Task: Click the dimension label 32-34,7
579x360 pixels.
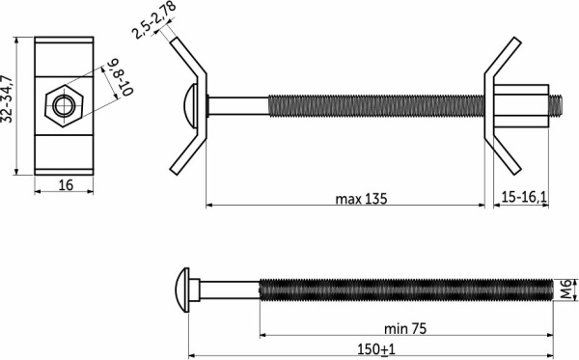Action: (x=8, y=99)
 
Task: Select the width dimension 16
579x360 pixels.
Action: (x=66, y=184)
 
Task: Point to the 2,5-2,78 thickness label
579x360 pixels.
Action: (x=153, y=20)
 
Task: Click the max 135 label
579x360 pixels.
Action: (x=361, y=199)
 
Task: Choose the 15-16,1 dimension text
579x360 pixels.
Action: (x=524, y=197)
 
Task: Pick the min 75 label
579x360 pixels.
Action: (x=405, y=328)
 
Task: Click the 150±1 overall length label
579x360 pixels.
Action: (x=376, y=349)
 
